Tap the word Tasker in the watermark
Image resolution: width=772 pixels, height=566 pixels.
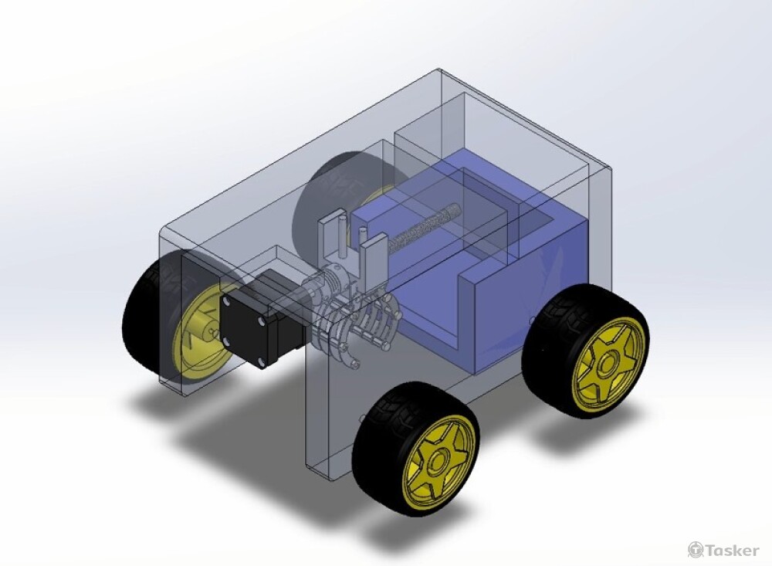point(733,550)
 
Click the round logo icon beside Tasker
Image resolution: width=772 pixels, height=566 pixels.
point(696,550)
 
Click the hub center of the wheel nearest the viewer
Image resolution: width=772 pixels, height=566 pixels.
point(437,463)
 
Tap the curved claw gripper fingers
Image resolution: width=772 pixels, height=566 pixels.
point(363,328)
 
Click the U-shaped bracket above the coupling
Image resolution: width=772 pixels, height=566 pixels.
point(351,239)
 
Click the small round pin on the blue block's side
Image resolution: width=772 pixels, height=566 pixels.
point(530,319)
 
